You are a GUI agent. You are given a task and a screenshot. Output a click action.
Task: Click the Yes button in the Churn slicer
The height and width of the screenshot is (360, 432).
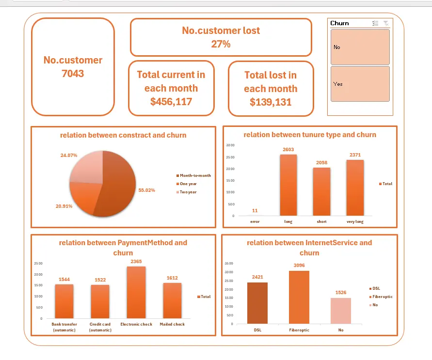point(360,84)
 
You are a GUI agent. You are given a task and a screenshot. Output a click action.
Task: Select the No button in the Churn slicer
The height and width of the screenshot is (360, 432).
point(360,47)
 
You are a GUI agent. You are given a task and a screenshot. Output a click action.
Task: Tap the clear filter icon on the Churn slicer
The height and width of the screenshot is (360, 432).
point(386,23)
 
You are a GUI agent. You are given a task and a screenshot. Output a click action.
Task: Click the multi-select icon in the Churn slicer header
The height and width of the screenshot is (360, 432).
point(375,23)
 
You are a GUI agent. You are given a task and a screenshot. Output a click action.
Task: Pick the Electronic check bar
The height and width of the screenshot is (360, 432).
point(136,292)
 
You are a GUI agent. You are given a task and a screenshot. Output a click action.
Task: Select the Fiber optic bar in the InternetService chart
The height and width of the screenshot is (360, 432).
point(299,297)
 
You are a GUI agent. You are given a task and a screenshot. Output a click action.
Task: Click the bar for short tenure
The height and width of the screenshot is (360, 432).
point(321,191)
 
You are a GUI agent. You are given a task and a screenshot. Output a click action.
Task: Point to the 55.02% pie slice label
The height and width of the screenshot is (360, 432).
point(146,190)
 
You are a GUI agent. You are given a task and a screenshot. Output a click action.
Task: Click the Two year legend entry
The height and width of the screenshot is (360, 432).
point(187,192)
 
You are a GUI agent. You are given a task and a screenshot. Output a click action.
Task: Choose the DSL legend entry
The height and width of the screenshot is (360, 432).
point(375,288)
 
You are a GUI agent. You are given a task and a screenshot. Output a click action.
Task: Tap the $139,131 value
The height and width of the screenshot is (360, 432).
point(271,102)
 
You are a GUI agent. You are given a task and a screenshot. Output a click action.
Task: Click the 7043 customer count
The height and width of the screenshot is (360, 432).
point(73,74)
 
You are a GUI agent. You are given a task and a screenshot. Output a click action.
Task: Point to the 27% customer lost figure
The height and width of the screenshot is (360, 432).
point(221,44)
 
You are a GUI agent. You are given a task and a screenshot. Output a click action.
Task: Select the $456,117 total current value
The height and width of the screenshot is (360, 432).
point(171,102)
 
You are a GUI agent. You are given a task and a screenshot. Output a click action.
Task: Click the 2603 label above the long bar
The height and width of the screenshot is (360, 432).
point(288,149)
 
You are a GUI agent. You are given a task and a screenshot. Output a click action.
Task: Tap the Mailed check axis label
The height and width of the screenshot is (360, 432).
point(172,324)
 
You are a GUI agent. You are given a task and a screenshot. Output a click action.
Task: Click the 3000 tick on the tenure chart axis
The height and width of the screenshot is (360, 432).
point(230,145)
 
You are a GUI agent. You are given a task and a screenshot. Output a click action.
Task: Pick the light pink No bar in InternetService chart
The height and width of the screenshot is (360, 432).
point(341,311)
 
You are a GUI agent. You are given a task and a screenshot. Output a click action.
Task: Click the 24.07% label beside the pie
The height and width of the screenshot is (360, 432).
point(69,155)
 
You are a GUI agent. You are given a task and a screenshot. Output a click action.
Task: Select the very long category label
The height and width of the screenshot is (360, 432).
point(355,221)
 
